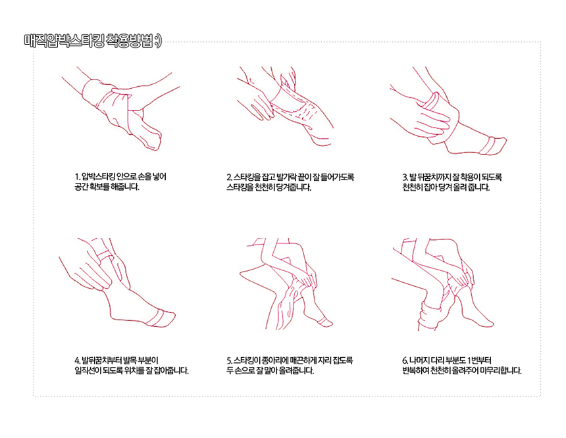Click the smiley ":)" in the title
coord(158,41)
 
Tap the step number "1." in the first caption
coord(77,177)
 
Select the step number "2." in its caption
coord(230,177)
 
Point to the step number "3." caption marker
coord(405,177)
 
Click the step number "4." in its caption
coord(78,360)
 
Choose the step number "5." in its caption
coord(230,360)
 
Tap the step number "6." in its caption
coord(405,360)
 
